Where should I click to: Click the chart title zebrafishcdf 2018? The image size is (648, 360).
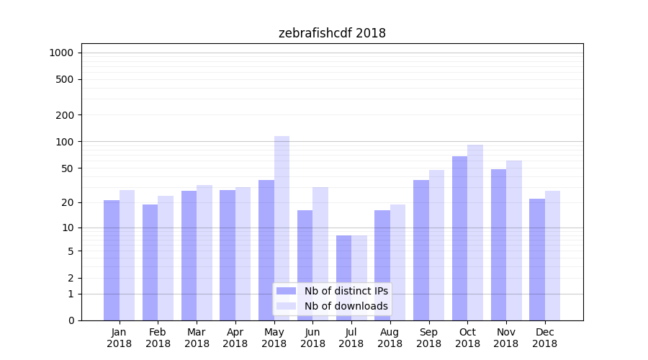coord(332,33)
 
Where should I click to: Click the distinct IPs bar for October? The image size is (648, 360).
coord(459,238)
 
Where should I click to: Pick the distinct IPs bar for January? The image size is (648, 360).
coord(112,260)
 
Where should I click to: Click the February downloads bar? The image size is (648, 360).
coord(166,258)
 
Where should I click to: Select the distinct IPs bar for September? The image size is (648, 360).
coord(421,250)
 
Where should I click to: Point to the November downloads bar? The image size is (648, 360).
coord(514,240)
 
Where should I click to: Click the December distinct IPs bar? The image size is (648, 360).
coord(537,259)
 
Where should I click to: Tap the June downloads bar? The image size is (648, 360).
coord(320,253)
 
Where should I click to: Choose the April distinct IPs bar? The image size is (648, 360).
coord(228,255)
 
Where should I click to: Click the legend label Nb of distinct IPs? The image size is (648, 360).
coord(346,291)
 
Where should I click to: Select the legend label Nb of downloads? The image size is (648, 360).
coord(346,306)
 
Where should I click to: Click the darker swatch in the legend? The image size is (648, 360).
coord(287,291)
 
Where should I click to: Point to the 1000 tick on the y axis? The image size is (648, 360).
coord(61,53)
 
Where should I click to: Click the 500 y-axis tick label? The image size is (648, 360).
coord(65,79)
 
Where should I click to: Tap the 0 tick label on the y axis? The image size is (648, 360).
coord(71,320)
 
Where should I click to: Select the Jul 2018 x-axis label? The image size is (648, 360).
coord(351,338)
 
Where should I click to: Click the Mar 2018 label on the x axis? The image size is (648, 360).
coord(197,338)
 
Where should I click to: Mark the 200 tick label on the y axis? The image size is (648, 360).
coord(65,114)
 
